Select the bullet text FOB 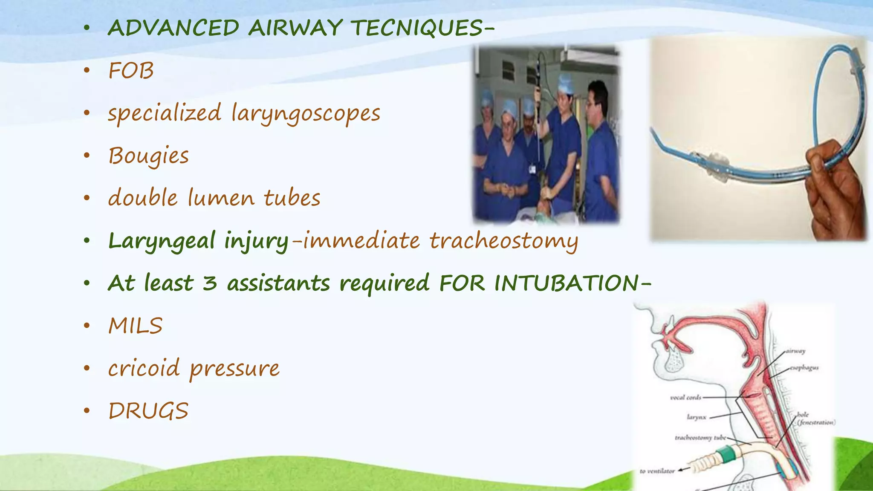[x=131, y=71]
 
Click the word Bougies [x=148, y=156]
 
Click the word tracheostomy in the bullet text [x=503, y=241]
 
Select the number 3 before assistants [x=209, y=283]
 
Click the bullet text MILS [x=135, y=326]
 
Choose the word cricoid [x=144, y=368]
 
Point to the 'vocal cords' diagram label [x=685, y=398]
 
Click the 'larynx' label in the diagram [x=697, y=417]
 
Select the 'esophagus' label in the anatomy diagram [x=804, y=368]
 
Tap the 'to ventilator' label [x=657, y=471]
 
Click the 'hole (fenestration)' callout [x=815, y=419]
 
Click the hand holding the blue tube [x=835, y=188]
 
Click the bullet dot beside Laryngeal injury [x=87, y=241]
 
